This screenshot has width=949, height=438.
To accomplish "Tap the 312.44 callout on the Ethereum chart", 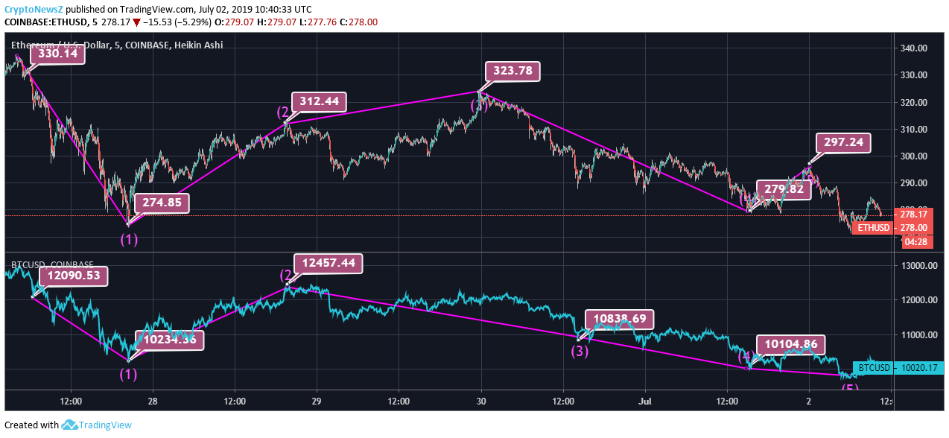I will tap(320, 101).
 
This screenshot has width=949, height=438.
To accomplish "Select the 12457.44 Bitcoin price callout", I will tap(328, 263).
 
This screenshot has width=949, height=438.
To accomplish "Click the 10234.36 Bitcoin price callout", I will tap(169, 340).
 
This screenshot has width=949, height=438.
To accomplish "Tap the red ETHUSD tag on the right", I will tap(873, 227).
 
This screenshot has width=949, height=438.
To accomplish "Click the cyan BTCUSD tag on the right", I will tap(874, 367).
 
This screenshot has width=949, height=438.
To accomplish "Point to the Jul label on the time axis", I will tap(644, 401).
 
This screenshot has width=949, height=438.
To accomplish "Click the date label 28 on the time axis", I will tap(153, 401).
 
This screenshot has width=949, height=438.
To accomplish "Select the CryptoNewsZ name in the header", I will tap(33, 10).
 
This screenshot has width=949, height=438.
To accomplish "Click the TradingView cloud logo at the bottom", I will tap(70, 425).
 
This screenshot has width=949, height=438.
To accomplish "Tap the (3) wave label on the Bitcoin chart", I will tap(580, 350).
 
